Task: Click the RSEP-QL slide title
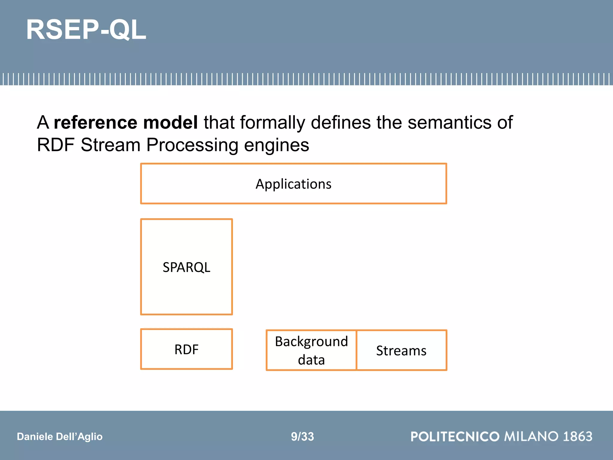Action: tap(86, 30)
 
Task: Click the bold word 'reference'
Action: tap(95, 122)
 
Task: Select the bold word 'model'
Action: tap(170, 122)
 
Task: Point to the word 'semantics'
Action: tap(449, 122)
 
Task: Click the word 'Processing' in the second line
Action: tap(192, 145)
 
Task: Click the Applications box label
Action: tap(293, 184)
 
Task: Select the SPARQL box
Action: tap(186, 267)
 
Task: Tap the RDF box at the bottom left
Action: tap(186, 349)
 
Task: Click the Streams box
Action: tap(401, 350)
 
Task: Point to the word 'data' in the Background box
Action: tap(311, 360)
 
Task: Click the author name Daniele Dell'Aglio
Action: tap(60, 436)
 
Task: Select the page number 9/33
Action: tap(302, 436)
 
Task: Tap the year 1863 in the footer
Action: tap(577, 436)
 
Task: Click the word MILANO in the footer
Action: tap(531, 436)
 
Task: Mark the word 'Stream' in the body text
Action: tap(110, 145)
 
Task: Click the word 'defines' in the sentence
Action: tap(341, 122)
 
